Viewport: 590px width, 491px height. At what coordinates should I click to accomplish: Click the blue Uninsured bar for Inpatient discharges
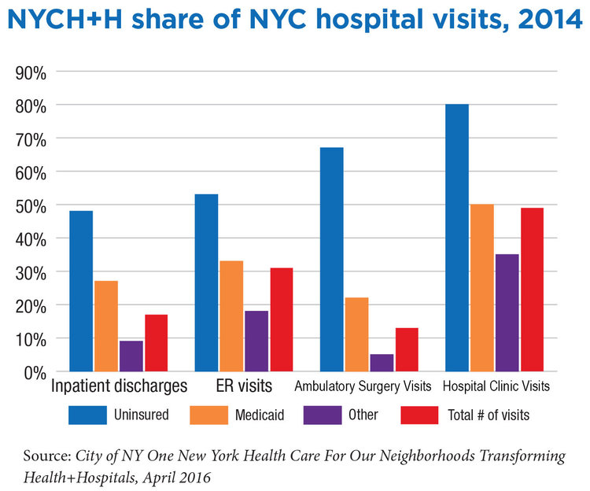80,291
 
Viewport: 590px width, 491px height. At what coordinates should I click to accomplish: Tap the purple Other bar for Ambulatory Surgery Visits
382,363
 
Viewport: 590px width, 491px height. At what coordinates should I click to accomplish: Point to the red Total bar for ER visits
281,319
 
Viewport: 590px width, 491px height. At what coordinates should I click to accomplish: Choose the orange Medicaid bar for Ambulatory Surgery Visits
356,334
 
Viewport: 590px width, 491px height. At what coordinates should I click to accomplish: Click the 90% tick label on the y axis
31,72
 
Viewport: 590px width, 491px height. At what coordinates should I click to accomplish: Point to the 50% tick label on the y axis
31,205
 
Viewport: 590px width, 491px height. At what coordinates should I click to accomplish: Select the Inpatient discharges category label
119,387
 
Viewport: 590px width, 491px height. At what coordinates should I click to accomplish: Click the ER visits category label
244,387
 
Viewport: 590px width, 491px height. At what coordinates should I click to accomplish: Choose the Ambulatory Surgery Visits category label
363,387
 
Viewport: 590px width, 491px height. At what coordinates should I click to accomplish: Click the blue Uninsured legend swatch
92,414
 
